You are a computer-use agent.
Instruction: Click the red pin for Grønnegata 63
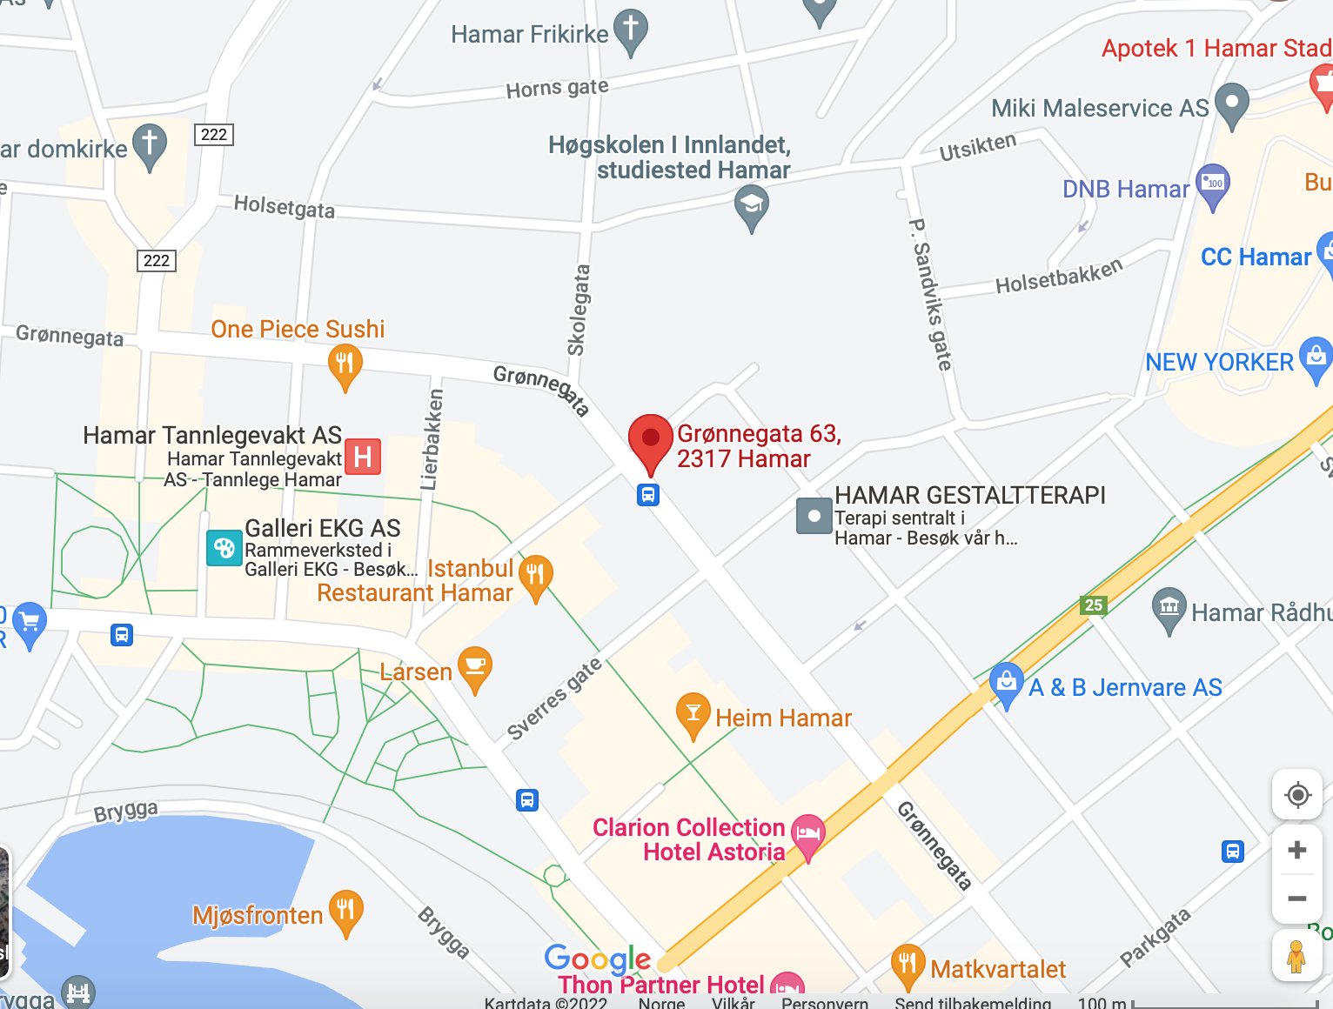[650, 439]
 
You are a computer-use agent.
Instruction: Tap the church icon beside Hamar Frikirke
[631, 29]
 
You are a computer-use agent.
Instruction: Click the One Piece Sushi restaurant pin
[345, 364]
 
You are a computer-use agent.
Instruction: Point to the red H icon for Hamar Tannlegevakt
[363, 456]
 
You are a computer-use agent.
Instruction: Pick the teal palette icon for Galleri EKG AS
[224, 548]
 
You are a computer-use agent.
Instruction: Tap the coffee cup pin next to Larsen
[475, 666]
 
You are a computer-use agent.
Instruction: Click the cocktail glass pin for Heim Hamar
[693, 712]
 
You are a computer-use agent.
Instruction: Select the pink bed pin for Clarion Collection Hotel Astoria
[807, 834]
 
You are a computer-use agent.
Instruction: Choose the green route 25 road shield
[1093, 605]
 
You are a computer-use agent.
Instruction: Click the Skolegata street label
[579, 311]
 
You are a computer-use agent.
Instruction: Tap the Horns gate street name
[557, 88]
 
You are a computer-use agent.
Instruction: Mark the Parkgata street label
[1155, 938]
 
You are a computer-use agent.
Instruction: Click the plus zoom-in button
[1296, 850]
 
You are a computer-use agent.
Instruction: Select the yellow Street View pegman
[1296, 957]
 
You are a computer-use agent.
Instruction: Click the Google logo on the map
[598, 959]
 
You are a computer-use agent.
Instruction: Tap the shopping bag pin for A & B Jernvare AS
[1006, 682]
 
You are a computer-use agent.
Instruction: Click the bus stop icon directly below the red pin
[648, 495]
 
